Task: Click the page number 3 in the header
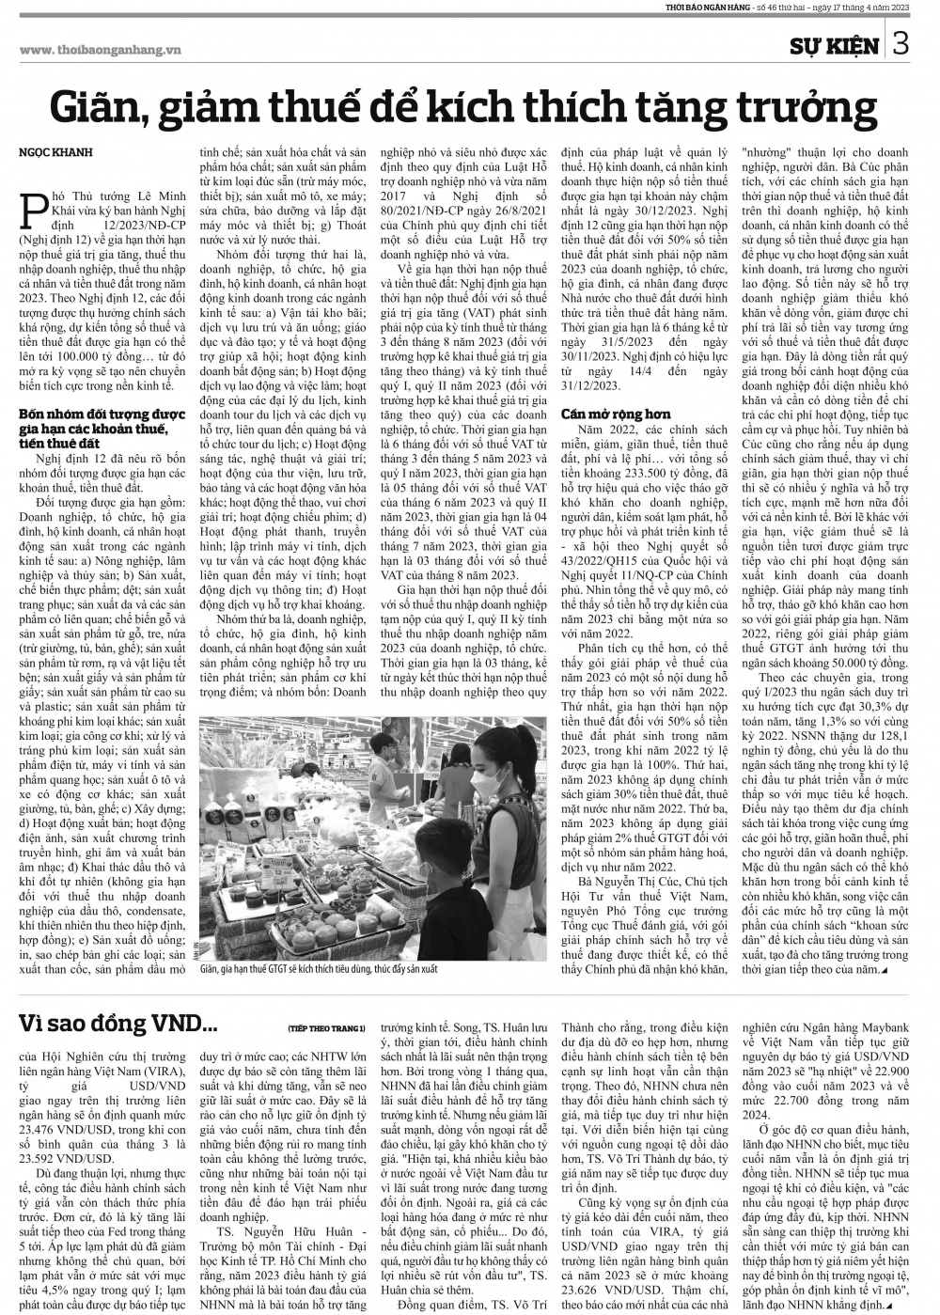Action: pyautogui.click(x=901, y=44)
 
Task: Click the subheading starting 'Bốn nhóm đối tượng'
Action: pyautogui.click(x=87, y=422)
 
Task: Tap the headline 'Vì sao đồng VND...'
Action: pyautogui.click(x=110, y=1020)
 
